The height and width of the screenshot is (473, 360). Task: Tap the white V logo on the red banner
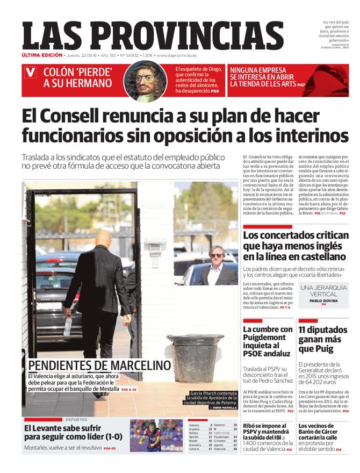(x=31, y=71)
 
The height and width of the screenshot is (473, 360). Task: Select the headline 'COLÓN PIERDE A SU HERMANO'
(x=77, y=78)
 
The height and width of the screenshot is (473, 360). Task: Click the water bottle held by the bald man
(x=68, y=325)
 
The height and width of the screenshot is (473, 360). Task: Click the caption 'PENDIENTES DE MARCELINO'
(x=99, y=366)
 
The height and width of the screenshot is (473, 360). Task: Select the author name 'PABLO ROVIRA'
(x=323, y=300)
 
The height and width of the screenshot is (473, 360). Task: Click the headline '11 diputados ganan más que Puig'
(x=322, y=339)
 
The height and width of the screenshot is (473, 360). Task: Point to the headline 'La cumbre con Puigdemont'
(x=268, y=341)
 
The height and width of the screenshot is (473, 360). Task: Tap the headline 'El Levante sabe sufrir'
(x=74, y=432)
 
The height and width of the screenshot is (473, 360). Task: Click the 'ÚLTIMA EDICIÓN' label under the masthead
(x=42, y=55)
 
